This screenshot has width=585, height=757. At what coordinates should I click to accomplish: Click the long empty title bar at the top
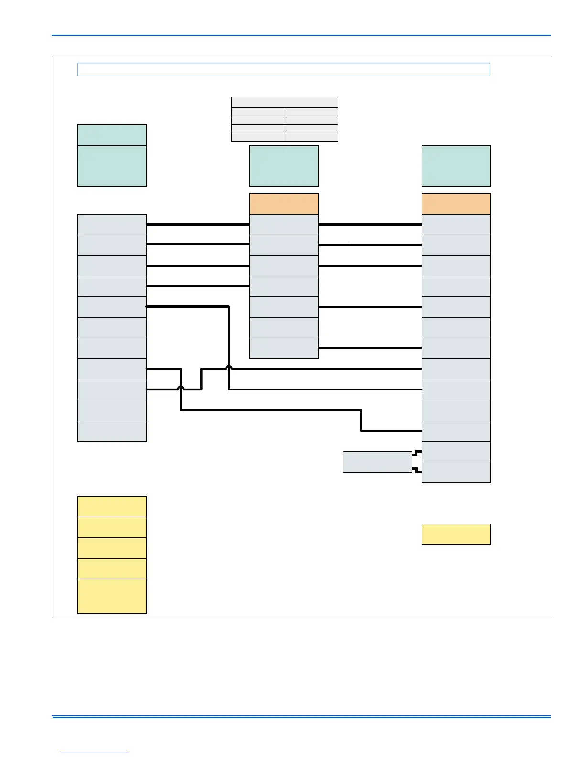(x=284, y=69)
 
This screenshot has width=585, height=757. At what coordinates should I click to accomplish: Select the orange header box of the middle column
(x=284, y=204)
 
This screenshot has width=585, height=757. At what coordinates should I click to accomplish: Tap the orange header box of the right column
(x=456, y=204)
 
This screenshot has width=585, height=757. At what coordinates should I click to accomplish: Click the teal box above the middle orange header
(x=284, y=166)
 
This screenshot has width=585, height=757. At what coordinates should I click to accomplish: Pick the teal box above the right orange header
(x=456, y=166)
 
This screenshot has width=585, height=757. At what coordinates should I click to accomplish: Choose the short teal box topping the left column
(x=112, y=135)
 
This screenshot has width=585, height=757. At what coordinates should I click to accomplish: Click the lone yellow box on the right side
(x=456, y=534)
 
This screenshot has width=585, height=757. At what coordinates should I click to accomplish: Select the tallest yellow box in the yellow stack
(x=112, y=596)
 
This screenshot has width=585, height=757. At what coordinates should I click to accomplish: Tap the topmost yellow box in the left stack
(x=112, y=506)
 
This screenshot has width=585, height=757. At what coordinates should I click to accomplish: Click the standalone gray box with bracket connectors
(x=377, y=462)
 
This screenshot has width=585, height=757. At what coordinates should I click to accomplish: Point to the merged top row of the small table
(x=285, y=102)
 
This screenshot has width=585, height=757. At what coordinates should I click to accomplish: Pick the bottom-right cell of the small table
(x=311, y=138)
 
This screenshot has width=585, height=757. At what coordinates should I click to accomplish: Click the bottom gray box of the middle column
(x=284, y=348)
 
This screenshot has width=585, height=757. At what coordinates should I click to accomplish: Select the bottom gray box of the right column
(x=456, y=472)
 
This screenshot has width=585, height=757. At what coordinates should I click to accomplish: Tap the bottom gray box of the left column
(x=112, y=431)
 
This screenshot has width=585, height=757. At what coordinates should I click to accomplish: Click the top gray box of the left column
(x=112, y=224)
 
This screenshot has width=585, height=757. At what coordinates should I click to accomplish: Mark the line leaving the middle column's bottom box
(x=370, y=348)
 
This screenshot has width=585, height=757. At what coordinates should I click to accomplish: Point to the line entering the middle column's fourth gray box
(x=198, y=286)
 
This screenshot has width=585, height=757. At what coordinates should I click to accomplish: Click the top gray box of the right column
(x=456, y=224)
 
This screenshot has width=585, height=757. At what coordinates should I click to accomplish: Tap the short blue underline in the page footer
(x=95, y=753)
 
